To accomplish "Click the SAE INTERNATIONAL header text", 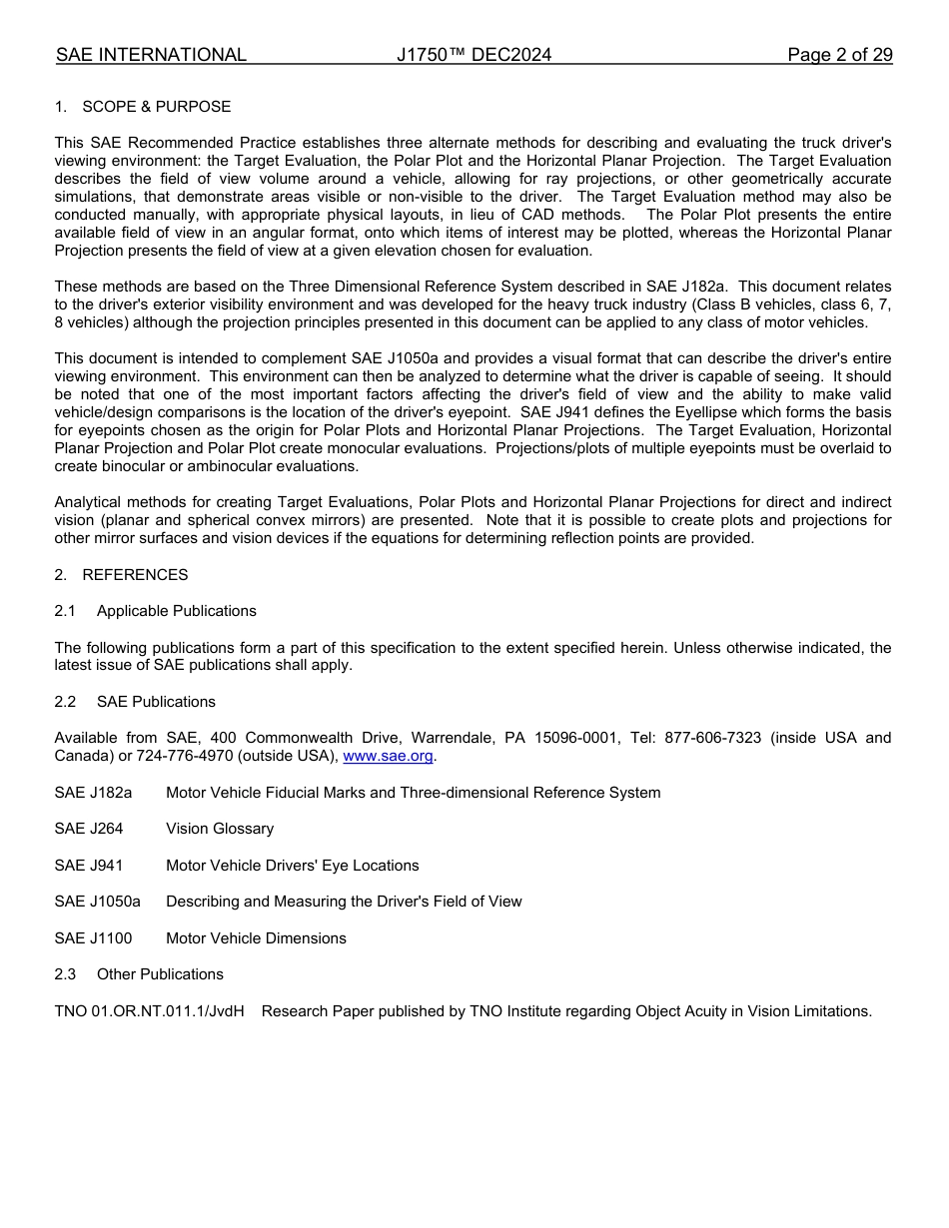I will [x=151, y=55].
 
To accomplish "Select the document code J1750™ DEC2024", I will [x=474, y=55].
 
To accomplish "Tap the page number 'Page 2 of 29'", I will [x=839, y=55].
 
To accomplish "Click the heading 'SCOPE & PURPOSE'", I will [x=156, y=107].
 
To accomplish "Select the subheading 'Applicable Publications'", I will [x=176, y=611].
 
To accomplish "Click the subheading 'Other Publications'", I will [x=160, y=974].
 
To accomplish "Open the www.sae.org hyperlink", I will [x=388, y=756].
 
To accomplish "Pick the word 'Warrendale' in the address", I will [x=450, y=738].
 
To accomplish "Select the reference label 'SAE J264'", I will [x=89, y=829].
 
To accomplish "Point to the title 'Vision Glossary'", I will [x=220, y=829].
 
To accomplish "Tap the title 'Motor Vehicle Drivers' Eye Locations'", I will [x=292, y=866].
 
